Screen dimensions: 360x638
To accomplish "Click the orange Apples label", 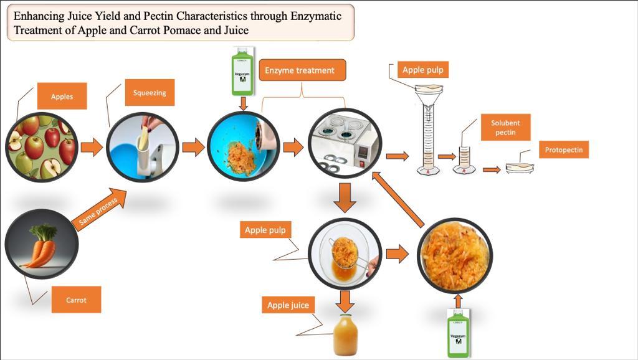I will coord(62,97).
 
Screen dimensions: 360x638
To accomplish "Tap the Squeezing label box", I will coord(150,93).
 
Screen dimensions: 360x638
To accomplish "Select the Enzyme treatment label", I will coord(300,70).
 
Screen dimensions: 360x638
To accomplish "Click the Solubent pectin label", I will coord(505,128).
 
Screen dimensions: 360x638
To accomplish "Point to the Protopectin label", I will coord(563,150).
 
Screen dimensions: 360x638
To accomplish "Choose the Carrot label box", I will coord(76,300).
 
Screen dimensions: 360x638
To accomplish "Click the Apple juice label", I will coord(288,305).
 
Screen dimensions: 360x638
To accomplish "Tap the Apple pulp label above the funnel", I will coord(423,70).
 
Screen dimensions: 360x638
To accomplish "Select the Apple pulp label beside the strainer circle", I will coord(265,230).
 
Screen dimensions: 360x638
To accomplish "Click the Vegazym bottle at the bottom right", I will coord(459,335).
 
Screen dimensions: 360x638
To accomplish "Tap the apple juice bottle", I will coord(346,335).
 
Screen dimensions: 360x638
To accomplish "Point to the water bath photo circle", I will coord(345,143).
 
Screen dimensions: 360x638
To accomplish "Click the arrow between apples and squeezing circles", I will coord(92,147).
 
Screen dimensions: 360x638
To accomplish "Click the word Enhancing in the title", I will coord(39,16).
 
